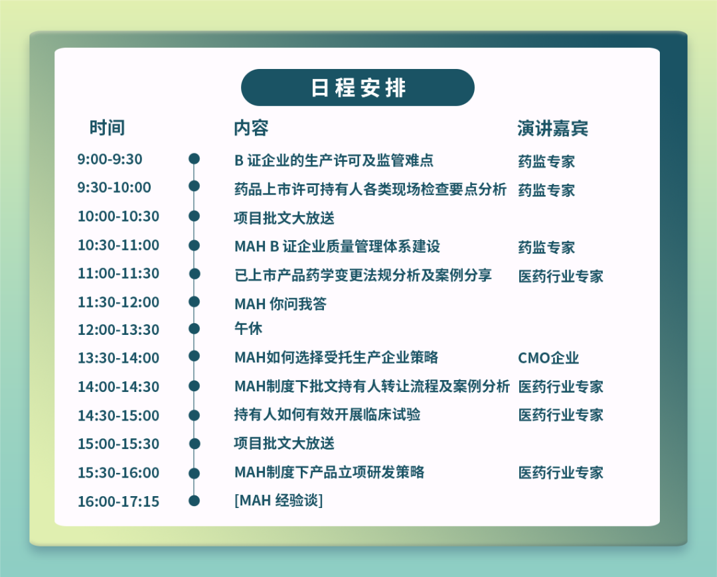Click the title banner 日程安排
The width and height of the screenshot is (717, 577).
358,88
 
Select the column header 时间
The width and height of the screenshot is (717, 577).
107,128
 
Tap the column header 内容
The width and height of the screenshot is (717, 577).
251,128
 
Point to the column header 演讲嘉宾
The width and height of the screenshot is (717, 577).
553,129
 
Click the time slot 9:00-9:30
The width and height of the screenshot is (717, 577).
110,159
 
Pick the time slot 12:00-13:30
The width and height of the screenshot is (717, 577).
118,330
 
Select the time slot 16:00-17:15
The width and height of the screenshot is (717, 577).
118,501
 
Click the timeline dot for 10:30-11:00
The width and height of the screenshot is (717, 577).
194,245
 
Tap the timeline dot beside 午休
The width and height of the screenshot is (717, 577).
194,328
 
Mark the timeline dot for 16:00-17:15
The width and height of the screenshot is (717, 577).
194,501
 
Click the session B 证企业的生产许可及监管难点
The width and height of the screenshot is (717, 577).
334,160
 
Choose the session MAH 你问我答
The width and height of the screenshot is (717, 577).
280,304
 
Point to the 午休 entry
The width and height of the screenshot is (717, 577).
248,328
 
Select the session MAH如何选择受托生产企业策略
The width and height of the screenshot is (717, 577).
336,357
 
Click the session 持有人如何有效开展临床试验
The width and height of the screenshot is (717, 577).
327,415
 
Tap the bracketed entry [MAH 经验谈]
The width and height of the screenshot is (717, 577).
278,500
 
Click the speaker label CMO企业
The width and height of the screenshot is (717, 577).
548,357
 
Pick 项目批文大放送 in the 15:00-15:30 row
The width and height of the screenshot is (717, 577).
284,443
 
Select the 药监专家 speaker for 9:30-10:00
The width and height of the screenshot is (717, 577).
546,190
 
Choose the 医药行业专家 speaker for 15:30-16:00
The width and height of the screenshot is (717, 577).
560,472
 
